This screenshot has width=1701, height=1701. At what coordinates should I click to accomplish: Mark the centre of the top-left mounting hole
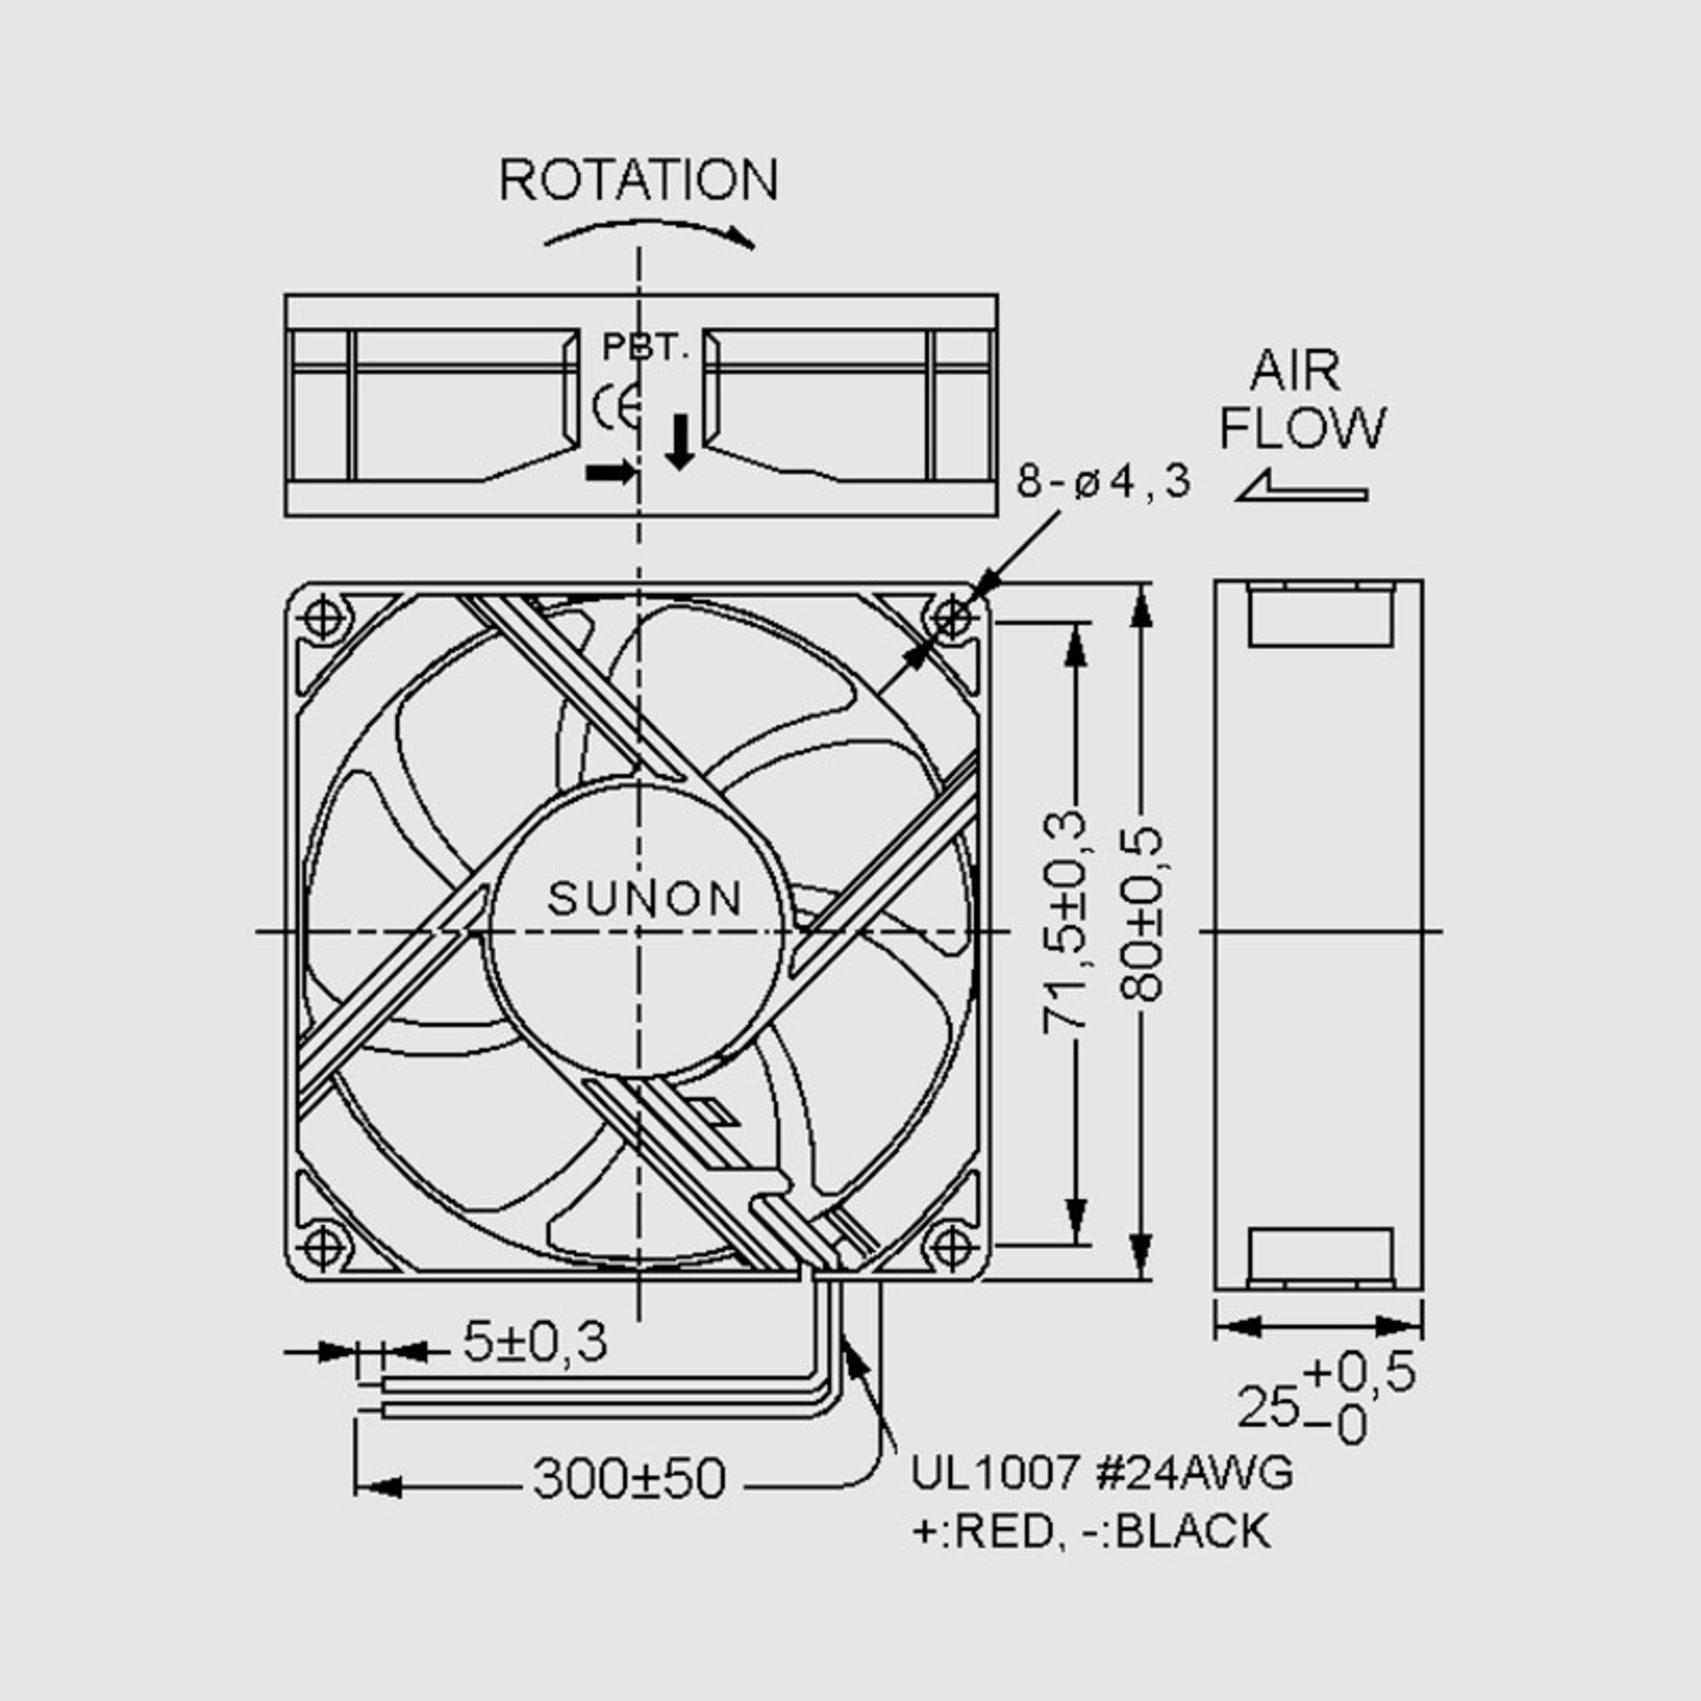324,617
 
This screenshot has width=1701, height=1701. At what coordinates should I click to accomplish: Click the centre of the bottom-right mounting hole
951,1247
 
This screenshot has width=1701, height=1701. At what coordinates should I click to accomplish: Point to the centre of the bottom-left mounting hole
324,1247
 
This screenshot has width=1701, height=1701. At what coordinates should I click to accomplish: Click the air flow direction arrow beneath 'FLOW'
1301,486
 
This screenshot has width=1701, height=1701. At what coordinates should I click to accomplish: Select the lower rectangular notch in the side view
1320,1256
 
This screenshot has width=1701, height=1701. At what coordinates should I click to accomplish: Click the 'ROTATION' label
639,181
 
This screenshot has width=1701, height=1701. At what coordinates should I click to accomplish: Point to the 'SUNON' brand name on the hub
644,898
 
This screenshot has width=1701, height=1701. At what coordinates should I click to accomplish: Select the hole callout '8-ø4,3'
1104,482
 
